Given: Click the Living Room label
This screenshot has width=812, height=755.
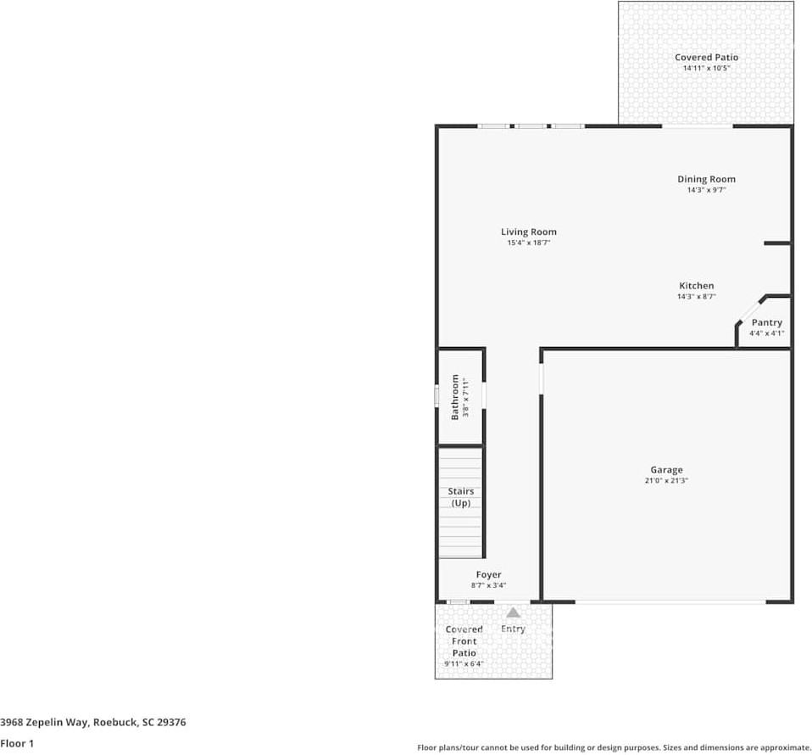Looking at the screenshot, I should (x=528, y=232).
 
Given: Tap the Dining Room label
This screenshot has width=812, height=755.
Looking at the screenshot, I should (x=706, y=179).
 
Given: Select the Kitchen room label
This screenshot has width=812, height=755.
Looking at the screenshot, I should (x=696, y=286).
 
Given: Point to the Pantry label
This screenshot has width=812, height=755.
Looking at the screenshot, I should (x=766, y=322).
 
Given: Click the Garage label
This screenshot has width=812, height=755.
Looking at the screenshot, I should (x=666, y=470).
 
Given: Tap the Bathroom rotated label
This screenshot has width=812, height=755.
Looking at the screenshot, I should (x=455, y=397).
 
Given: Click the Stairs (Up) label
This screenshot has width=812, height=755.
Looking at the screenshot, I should (x=460, y=497).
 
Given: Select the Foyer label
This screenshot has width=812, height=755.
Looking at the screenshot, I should (x=488, y=575).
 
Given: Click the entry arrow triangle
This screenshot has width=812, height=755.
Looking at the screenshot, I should (x=513, y=612).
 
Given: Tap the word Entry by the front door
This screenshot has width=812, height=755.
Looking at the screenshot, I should (x=513, y=629).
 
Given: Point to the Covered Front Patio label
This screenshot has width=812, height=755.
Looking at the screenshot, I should (x=464, y=641).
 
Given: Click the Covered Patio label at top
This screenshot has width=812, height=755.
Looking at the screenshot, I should (x=706, y=58).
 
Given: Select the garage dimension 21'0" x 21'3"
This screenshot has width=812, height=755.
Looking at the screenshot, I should (x=666, y=481).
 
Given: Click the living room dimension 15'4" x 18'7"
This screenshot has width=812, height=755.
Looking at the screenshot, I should (x=528, y=243).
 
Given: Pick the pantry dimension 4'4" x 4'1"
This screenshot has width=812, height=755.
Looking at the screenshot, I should (x=766, y=333).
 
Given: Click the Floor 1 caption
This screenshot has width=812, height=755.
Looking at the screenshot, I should (x=17, y=743).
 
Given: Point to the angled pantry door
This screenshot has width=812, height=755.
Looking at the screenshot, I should (x=750, y=310).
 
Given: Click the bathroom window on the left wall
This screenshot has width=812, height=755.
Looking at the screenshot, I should (x=437, y=396).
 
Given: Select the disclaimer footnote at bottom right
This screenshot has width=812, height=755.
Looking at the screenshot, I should (x=614, y=747).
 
